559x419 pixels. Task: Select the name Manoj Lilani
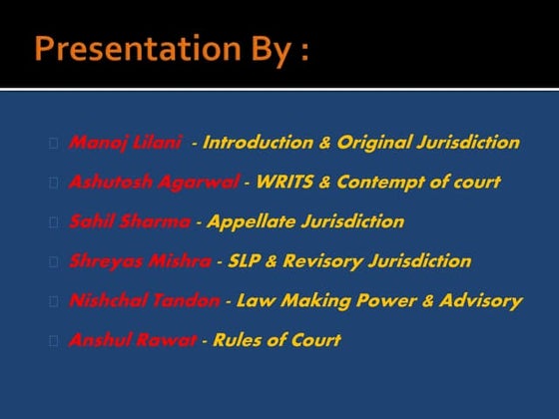(x=125, y=143)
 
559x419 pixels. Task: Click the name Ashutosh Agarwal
(x=154, y=183)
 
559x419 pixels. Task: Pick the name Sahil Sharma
(x=129, y=221)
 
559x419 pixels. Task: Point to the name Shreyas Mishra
(x=139, y=261)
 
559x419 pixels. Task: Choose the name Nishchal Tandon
(x=144, y=300)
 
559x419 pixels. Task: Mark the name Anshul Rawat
(x=132, y=340)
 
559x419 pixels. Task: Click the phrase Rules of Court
(x=277, y=340)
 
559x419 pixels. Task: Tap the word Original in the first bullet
(x=372, y=143)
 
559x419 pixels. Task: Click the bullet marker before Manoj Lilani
(x=52, y=143)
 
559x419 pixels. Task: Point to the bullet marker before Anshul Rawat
(x=52, y=340)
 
